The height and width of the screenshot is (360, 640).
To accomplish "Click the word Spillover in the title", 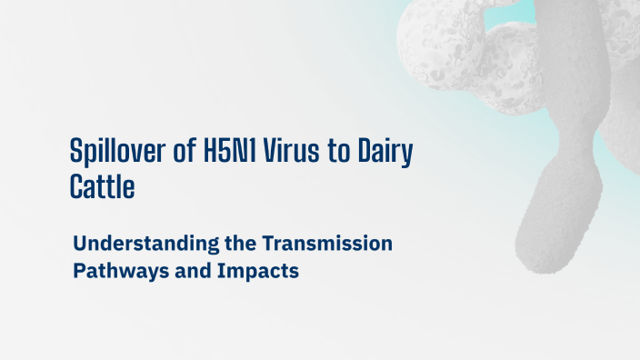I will (115, 152).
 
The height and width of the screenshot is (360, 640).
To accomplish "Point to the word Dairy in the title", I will (385, 152).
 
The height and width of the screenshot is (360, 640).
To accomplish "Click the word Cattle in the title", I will (103, 187).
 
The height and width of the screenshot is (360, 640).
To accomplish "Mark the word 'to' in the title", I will (338, 152).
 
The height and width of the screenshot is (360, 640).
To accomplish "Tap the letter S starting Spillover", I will (77, 152).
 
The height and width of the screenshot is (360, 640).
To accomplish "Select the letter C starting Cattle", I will (77, 187).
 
